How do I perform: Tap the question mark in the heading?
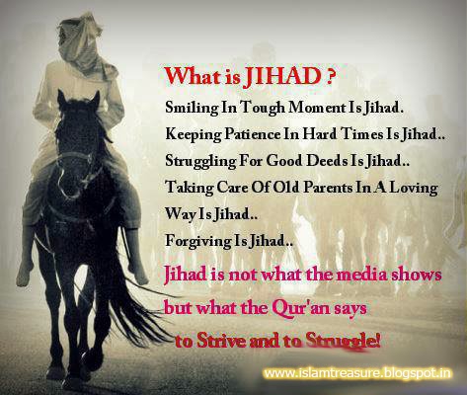pyautogui.click(x=332, y=78)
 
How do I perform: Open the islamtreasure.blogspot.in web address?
pyautogui.click(x=357, y=373)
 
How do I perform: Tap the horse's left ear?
pyautogui.click(x=61, y=99)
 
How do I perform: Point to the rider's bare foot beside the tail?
pyautogui.click(x=138, y=275)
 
